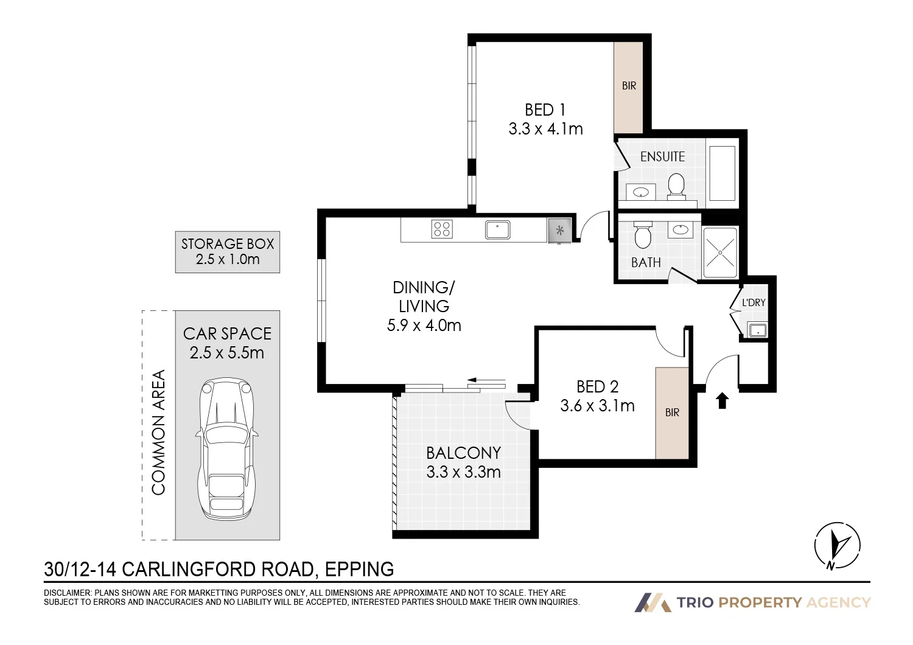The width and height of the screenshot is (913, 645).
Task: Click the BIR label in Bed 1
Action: point(629,86)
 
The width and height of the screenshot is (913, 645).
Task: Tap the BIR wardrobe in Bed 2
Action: point(672,413)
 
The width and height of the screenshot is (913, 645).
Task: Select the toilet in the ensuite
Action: point(676,186)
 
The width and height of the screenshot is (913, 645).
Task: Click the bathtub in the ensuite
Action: point(722,173)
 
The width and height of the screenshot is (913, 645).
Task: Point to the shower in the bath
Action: point(720,253)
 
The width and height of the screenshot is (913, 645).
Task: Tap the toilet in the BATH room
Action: point(643,235)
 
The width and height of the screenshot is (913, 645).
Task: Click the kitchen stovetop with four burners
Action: point(442,229)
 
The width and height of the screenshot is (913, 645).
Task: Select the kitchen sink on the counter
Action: point(498,230)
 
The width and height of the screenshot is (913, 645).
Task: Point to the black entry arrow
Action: point(722,400)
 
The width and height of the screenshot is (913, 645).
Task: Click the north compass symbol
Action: point(837,546)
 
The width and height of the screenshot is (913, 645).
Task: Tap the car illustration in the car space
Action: point(226,449)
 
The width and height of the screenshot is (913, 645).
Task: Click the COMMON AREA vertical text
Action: point(158,432)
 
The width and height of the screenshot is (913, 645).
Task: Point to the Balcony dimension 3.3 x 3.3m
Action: point(463,472)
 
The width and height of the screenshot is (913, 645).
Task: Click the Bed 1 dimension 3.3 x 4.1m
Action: point(545,129)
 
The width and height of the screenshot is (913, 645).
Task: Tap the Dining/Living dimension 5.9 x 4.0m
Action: point(424,325)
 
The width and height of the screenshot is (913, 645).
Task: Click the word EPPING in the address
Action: point(360,569)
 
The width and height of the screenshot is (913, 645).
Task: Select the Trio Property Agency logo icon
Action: point(652,602)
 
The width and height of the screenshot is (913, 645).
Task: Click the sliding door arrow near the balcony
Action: point(487,382)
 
